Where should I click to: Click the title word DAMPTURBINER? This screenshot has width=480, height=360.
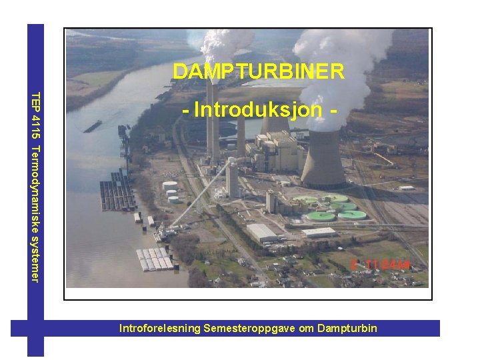coord(258,71)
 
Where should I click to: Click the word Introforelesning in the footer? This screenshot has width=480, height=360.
coord(160,328)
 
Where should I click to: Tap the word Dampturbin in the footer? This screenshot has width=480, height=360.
coord(347,328)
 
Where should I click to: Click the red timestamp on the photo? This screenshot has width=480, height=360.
coord(381,265)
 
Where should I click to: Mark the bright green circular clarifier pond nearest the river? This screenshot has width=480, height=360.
coord(321,216)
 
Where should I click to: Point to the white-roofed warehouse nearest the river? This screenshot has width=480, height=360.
coord(262,233)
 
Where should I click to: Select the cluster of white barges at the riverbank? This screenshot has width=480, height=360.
coord(155,259)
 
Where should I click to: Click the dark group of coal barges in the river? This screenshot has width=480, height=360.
coord(116,197)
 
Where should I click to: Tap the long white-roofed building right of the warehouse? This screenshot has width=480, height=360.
coord(319,233)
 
